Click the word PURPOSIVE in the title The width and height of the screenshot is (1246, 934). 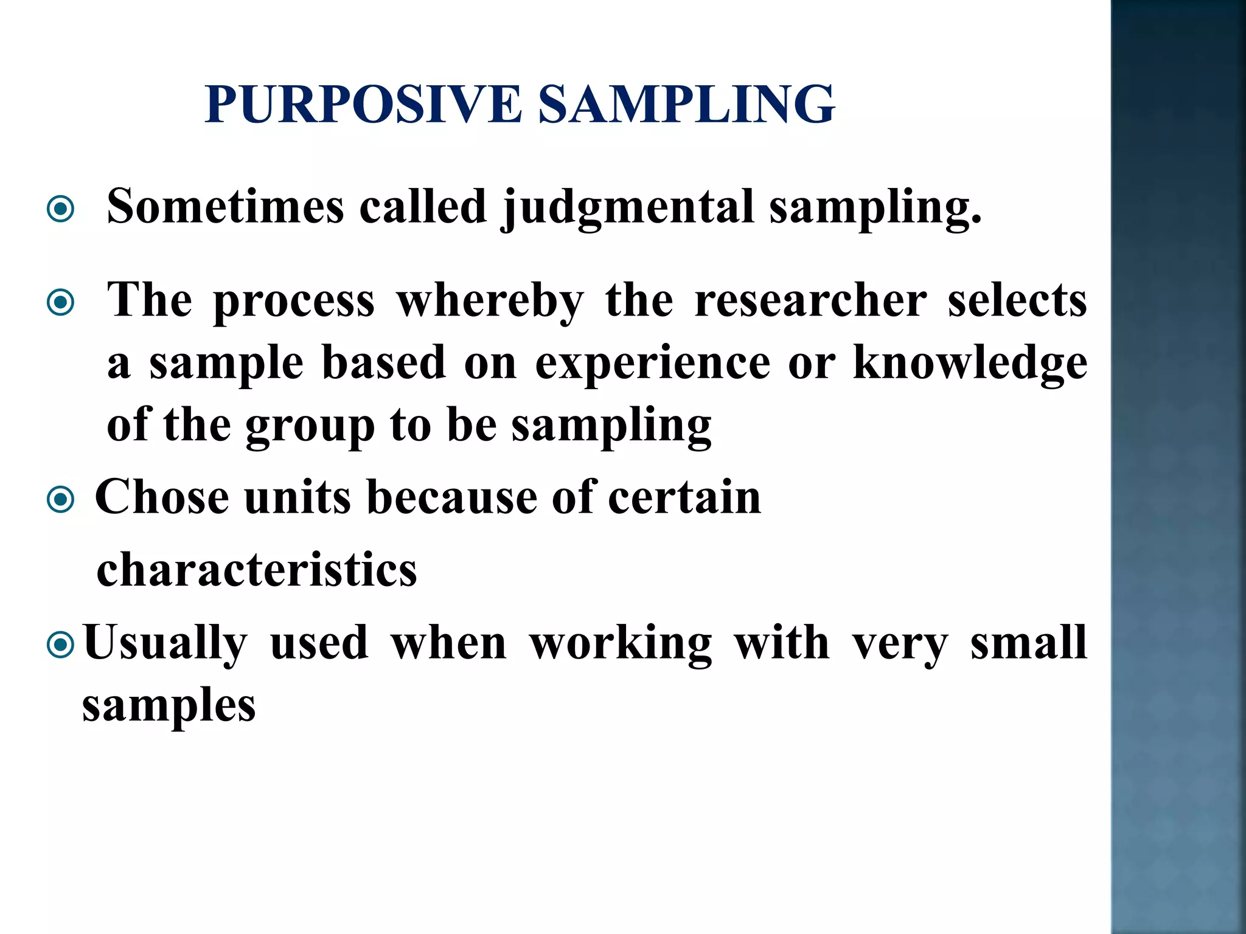tap(363, 105)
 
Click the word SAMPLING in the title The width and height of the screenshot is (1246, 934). tap(687, 105)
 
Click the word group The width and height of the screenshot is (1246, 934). tap(310, 426)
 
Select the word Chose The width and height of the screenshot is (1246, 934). tap(162, 497)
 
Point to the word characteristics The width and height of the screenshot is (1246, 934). tap(257, 570)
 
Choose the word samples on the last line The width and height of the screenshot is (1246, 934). tap(169, 706)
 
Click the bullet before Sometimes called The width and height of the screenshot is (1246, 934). tap(60, 210)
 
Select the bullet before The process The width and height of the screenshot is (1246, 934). tap(60, 302)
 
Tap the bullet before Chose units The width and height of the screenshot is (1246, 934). tap(60, 500)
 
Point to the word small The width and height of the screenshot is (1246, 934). tap(1028, 643)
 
